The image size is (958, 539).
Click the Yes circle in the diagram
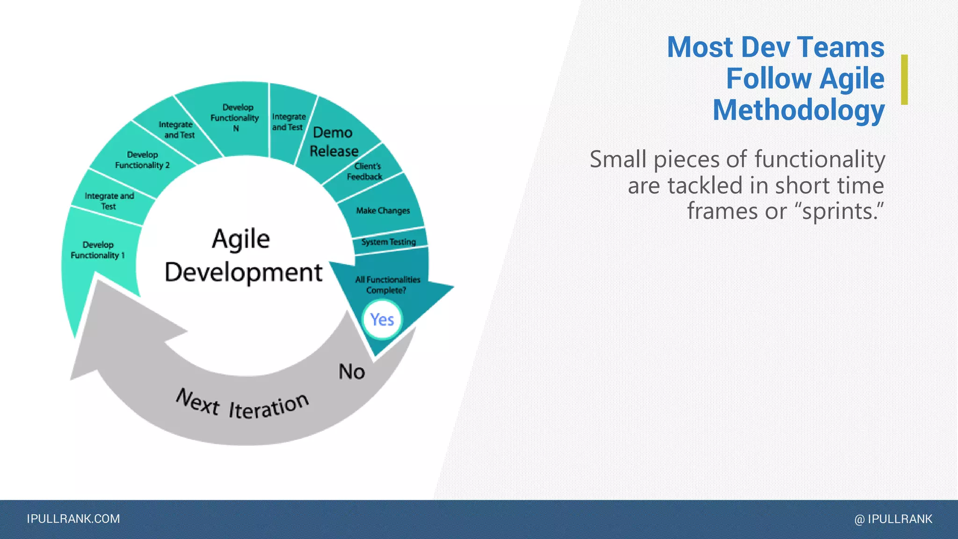pyautogui.click(x=382, y=320)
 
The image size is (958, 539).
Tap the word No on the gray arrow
pyautogui.click(x=352, y=372)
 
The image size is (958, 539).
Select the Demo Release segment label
pyautogui.click(x=334, y=142)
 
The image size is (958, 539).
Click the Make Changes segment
pyautogui.click(x=383, y=211)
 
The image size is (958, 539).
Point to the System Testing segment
pyautogui.click(x=388, y=242)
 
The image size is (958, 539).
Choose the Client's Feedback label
pyautogui.click(x=365, y=171)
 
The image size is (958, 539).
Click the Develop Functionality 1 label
pyautogui.click(x=98, y=250)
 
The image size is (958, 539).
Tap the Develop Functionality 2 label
pyautogui.click(x=142, y=160)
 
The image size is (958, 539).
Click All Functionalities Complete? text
pyautogui.click(x=387, y=284)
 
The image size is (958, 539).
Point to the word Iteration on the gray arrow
pyautogui.click(x=269, y=406)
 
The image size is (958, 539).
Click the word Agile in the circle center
pyautogui.click(x=241, y=239)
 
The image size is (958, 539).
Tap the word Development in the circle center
pyautogui.click(x=243, y=272)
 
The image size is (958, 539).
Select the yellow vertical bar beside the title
pyautogui.click(x=904, y=80)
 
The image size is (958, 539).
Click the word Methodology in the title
pyautogui.click(x=798, y=110)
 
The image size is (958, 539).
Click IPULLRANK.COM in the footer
pyautogui.click(x=73, y=519)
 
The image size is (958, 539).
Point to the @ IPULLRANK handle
pyautogui.click(x=893, y=519)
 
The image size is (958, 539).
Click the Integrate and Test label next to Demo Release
pyautogui.click(x=289, y=122)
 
